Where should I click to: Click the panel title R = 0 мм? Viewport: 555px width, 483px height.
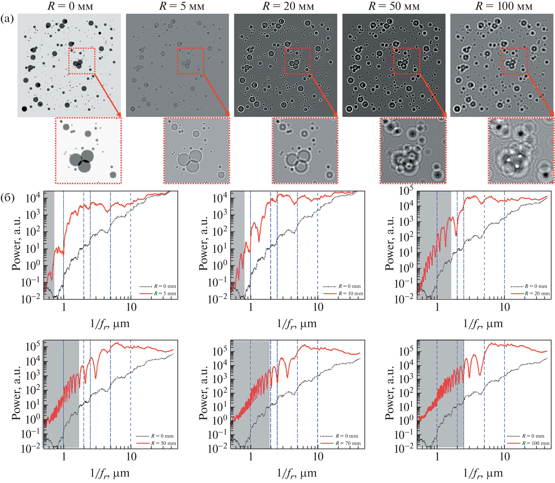70,6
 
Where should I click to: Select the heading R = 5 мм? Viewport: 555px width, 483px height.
182,6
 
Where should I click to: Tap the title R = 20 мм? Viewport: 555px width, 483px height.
288,6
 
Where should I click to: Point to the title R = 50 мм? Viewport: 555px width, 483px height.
394,6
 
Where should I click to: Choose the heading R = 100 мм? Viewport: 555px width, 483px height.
504,6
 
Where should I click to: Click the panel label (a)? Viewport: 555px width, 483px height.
7,19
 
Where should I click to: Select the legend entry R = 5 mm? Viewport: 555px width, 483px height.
165,293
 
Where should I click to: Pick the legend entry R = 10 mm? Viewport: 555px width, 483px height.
350,293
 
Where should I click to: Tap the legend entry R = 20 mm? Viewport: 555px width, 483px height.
537,293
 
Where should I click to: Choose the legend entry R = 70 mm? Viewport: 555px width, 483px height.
348,443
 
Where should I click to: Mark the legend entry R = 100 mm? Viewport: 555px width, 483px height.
536,443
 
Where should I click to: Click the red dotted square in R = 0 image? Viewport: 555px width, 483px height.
82,61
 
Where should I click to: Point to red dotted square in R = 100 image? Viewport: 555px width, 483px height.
515,61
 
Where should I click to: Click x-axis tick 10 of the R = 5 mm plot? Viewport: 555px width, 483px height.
131,307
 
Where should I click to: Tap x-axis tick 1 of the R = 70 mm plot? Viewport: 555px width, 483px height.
251,457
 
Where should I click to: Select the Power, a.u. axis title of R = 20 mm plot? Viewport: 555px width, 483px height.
389,244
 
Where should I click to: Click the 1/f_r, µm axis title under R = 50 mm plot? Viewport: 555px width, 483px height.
110,473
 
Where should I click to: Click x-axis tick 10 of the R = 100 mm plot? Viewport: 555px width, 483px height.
505,457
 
